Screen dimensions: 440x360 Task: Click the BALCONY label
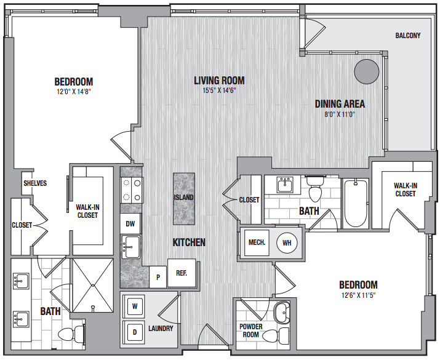[x=408, y=36]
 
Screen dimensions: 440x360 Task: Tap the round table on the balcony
[x=367, y=71]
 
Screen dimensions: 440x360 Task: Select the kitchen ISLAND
[x=184, y=199]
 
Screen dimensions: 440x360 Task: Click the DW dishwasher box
[x=130, y=223]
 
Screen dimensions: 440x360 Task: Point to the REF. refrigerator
[x=182, y=273]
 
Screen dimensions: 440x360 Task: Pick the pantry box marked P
[x=158, y=277]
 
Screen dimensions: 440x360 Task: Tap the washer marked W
[x=135, y=306]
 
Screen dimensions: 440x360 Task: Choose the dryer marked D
[x=135, y=332]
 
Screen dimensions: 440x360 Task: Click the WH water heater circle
[x=287, y=242]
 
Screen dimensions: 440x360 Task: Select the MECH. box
[x=257, y=242]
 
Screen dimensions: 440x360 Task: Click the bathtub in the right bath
[x=356, y=204]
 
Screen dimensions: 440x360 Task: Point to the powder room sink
[x=281, y=313]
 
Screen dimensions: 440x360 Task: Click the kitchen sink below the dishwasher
[x=131, y=247]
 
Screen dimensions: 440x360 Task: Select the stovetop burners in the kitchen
[x=132, y=190]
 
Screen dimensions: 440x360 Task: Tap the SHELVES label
[x=35, y=183]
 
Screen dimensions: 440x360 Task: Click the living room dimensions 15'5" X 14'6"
[x=219, y=90]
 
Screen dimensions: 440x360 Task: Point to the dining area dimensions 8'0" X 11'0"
[x=340, y=114]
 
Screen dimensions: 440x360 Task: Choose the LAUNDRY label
[x=161, y=328]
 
